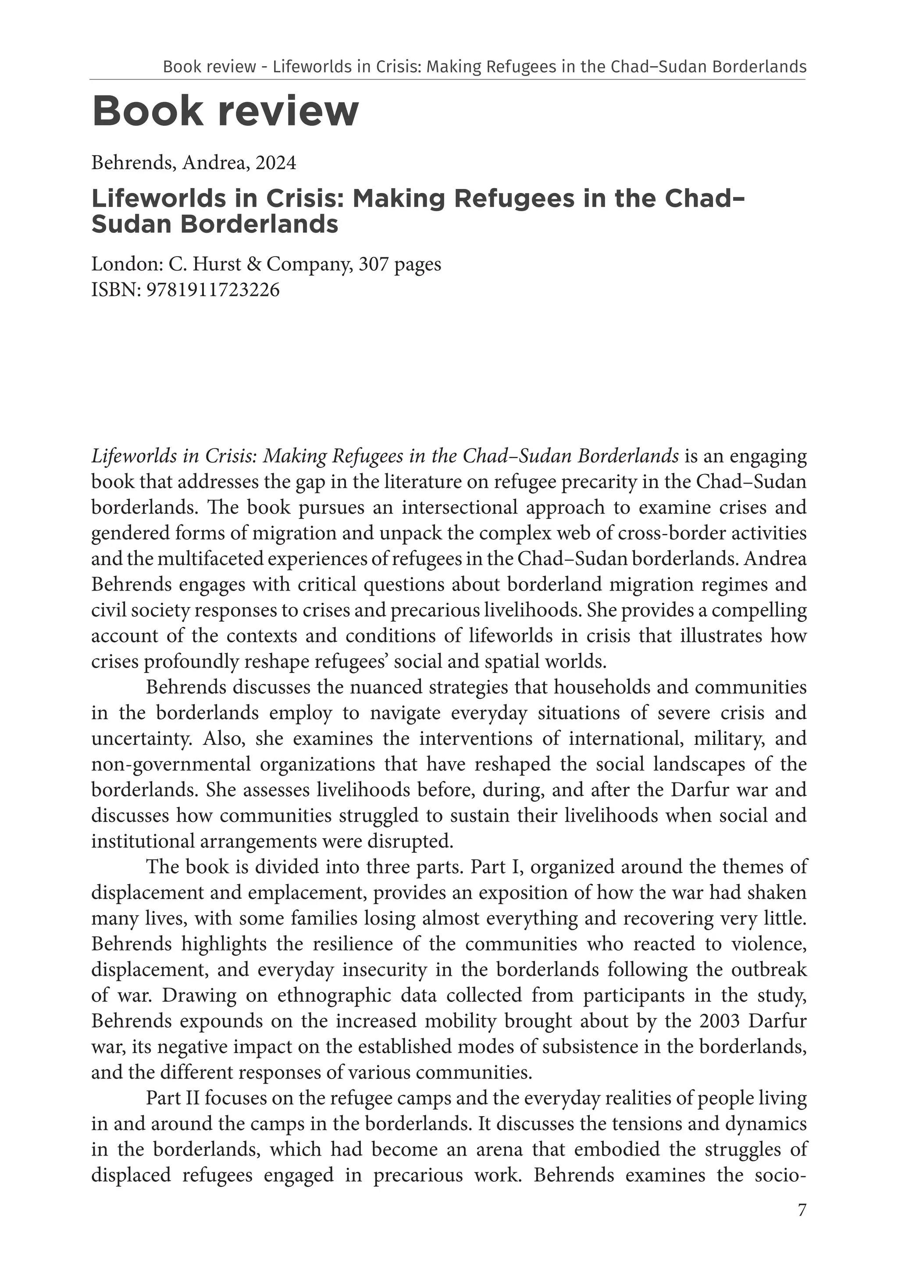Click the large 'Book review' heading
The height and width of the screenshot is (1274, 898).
point(225,111)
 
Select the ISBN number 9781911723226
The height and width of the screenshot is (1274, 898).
point(213,290)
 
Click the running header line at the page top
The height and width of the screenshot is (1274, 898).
point(484,67)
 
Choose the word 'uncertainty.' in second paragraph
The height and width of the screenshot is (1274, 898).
point(142,739)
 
